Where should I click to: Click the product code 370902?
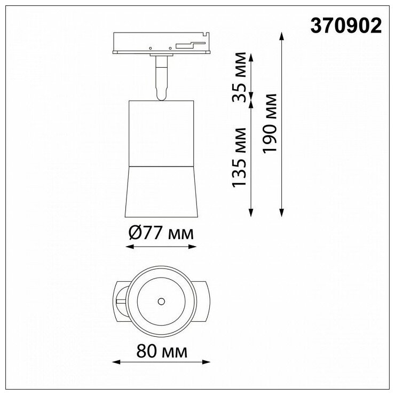coord(346,26)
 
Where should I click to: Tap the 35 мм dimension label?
coord(239,77)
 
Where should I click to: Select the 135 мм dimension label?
coord(239,157)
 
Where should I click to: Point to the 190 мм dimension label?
coord(270,123)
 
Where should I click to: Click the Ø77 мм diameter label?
coord(161,233)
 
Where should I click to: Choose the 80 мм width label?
coord(162,351)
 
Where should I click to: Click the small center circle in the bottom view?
coord(161,301)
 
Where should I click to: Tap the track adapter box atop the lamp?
coord(161,43)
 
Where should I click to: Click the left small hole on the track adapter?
coord(151,48)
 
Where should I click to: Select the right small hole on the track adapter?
coord(170,48)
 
